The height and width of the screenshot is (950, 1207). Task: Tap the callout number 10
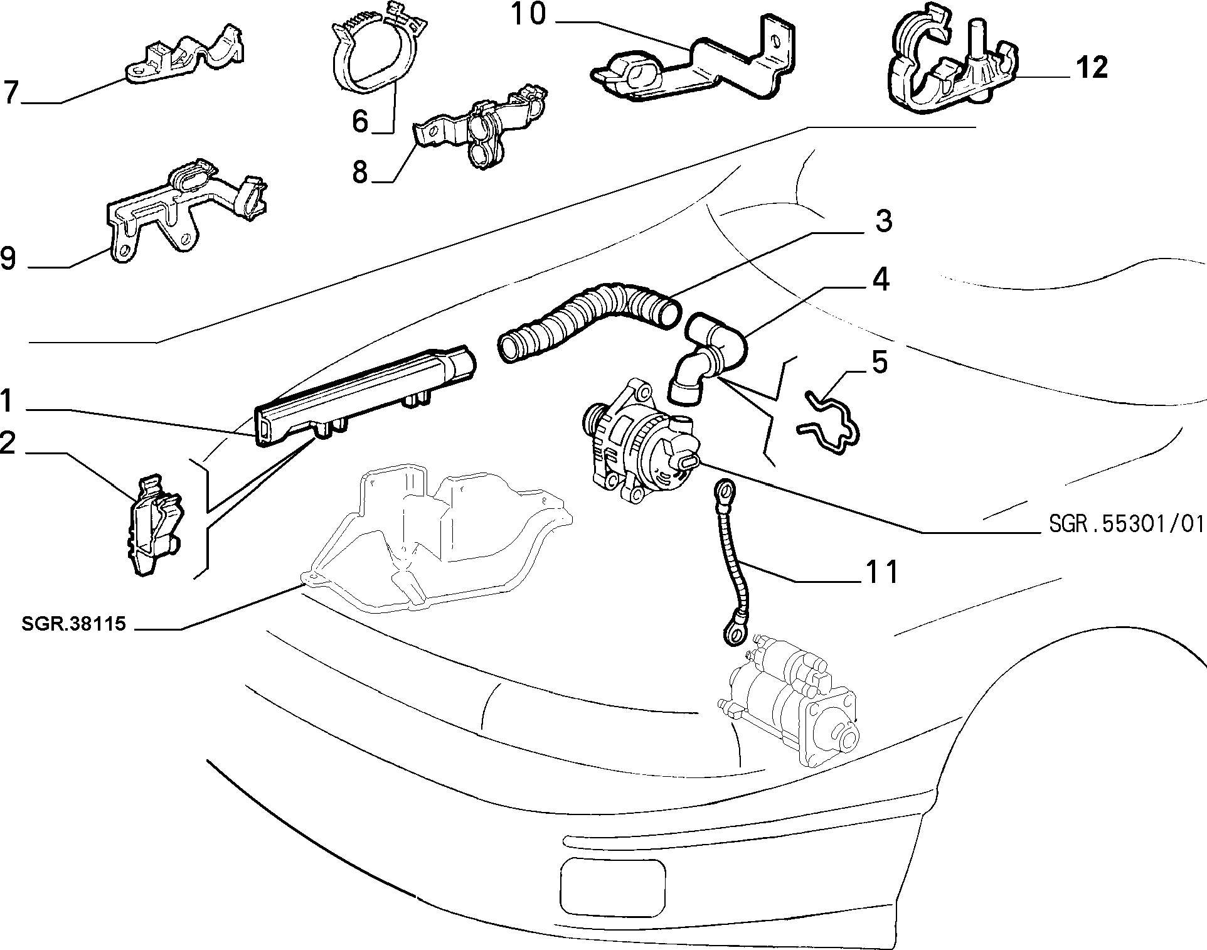point(528,15)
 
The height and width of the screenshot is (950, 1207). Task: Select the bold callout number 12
point(1092,68)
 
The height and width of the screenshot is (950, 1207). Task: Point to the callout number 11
point(882,572)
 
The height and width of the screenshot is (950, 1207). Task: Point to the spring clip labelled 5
point(828,422)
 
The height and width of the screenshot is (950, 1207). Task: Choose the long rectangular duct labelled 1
point(364,395)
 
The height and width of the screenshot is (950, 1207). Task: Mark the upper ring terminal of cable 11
point(726,488)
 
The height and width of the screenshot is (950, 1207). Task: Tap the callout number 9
point(9,259)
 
